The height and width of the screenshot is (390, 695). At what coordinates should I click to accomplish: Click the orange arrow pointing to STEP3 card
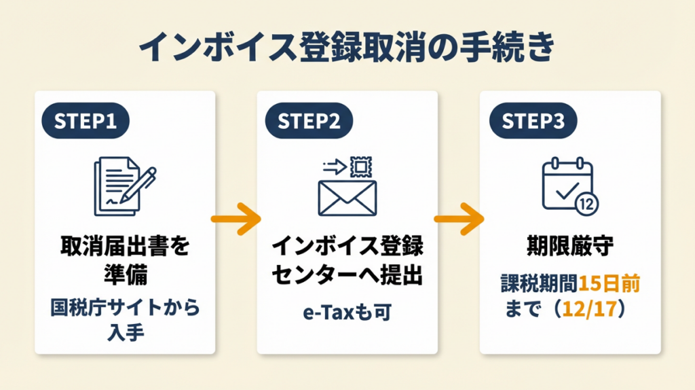click(x=458, y=219)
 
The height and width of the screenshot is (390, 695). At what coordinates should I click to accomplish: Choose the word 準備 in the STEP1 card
click(x=125, y=277)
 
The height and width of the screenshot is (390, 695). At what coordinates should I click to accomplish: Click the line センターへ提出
click(x=347, y=277)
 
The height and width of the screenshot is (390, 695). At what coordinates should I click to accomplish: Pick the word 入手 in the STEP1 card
click(x=125, y=334)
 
